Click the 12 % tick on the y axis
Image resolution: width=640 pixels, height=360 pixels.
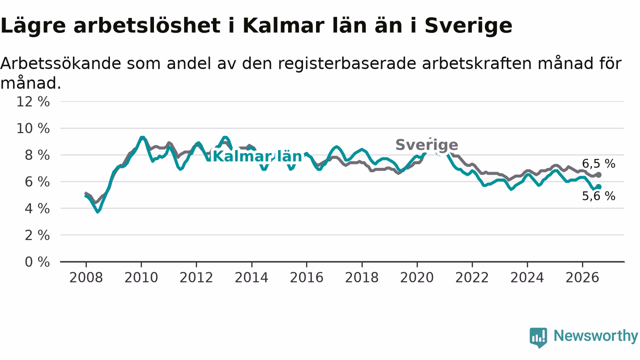coord(33,101)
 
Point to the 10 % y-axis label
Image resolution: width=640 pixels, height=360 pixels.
coord(33,128)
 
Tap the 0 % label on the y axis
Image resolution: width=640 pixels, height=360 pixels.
coord(37,262)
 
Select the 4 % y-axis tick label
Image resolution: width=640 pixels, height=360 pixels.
coord(37,208)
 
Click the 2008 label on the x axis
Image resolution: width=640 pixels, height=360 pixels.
coord(86,277)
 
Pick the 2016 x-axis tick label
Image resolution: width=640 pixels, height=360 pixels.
coord(306,277)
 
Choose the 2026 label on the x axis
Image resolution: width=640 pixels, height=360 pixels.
coord(582,277)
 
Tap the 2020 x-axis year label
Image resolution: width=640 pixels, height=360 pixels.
coord(417,277)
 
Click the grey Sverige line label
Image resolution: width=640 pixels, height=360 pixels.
coord(427,145)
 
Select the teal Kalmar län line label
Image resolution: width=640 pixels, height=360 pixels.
coord(257,156)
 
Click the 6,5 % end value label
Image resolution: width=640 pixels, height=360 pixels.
coord(598,163)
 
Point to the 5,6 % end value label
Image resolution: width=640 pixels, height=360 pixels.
coord(598,196)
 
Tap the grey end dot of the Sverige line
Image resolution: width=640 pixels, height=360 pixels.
coord(598,175)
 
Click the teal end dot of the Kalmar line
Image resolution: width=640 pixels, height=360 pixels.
coord(598,187)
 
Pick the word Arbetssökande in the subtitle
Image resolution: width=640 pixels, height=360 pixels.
coord(61,63)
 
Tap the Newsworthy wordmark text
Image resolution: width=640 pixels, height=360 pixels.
coord(595,336)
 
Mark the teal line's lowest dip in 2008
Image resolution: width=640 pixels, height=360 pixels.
coord(98,211)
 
